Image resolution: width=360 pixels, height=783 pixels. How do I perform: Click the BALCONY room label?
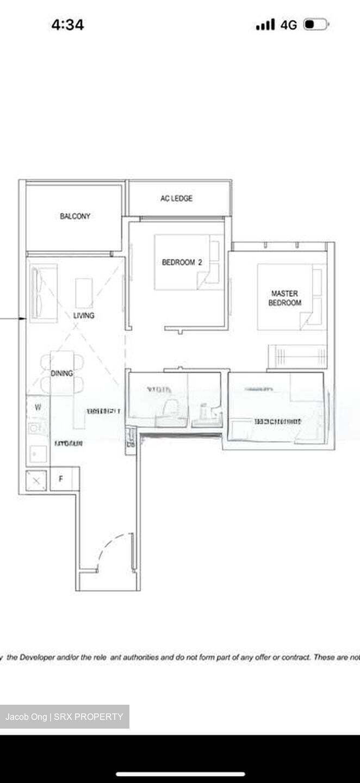point(75,216)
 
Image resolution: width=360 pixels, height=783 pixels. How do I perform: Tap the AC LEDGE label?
point(176,198)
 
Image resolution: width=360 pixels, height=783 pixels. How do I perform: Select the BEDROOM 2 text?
point(182,262)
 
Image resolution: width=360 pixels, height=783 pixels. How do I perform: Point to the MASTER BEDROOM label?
point(284,298)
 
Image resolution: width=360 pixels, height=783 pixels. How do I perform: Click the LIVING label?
point(84,315)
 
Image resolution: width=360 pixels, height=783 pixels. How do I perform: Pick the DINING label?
point(61,374)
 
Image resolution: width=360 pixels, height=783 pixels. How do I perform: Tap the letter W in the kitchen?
point(38,407)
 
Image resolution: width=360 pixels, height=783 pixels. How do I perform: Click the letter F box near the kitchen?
point(61,479)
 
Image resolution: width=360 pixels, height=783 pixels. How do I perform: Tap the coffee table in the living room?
point(84,293)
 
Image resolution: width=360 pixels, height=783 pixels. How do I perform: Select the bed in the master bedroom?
point(291,296)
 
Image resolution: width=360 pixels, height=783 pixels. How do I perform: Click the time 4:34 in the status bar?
point(67,25)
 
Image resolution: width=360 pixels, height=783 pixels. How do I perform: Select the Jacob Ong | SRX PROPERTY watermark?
point(64,717)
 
